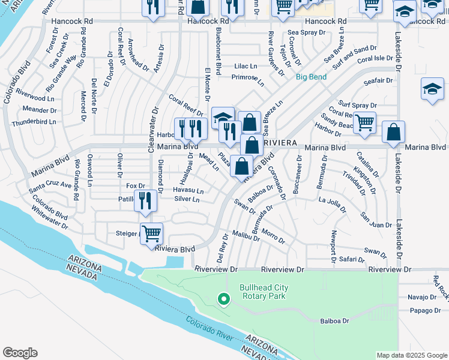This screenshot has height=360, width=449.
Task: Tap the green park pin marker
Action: coord(223,298)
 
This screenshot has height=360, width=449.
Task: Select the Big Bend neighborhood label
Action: coord(311,77)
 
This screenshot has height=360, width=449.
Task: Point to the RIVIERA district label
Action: coord(279,143)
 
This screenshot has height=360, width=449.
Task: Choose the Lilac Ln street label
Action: coord(246,66)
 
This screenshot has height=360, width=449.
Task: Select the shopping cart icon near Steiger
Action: coord(151,233)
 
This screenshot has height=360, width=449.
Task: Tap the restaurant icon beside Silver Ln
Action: coord(144,200)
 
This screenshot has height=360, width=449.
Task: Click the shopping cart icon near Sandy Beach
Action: coord(364,123)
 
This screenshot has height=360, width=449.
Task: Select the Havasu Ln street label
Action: coord(188,191)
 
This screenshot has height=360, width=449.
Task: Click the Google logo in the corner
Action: coord(20,353)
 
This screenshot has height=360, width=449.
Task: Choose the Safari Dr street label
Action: coord(352,260)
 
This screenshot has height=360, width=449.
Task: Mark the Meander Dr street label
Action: coord(39,109)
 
